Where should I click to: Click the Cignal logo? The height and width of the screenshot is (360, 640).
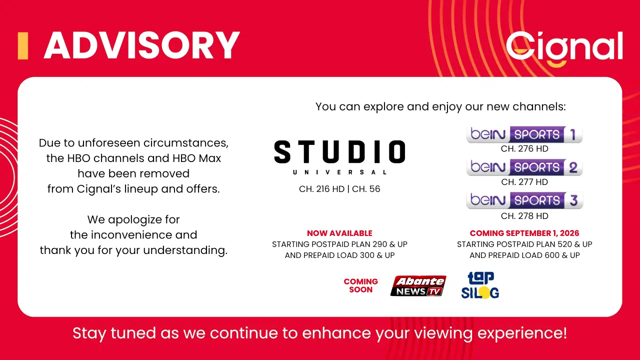(x=564, y=48)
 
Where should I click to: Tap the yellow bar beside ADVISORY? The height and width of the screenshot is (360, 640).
(x=23, y=45)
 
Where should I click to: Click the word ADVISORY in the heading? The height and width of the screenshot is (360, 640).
(x=141, y=45)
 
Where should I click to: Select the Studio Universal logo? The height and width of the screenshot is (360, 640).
(x=339, y=157)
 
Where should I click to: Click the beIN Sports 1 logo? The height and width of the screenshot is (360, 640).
(x=524, y=134)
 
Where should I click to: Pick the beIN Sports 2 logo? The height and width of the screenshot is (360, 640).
(x=524, y=167)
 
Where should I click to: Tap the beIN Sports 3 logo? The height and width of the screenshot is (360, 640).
(x=524, y=200)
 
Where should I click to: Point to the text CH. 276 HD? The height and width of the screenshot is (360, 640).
(x=524, y=148)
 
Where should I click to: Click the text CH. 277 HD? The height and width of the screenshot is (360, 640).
(x=524, y=182)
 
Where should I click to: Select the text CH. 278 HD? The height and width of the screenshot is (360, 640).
(x=524, y=216)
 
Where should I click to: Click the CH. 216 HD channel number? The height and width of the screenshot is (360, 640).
(x=321, y=189)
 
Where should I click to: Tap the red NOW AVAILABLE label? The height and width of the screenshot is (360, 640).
(x=339, y=233)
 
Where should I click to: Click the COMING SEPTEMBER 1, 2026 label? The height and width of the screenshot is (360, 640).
(x=524, y=233)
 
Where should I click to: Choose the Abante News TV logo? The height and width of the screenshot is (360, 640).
(x=418, y=285)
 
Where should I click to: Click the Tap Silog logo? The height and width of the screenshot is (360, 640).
(x=480, y=285)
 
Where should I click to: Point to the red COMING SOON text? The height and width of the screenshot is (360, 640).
(x=361, y=285)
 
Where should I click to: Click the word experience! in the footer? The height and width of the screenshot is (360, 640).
(x=522, y=333)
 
